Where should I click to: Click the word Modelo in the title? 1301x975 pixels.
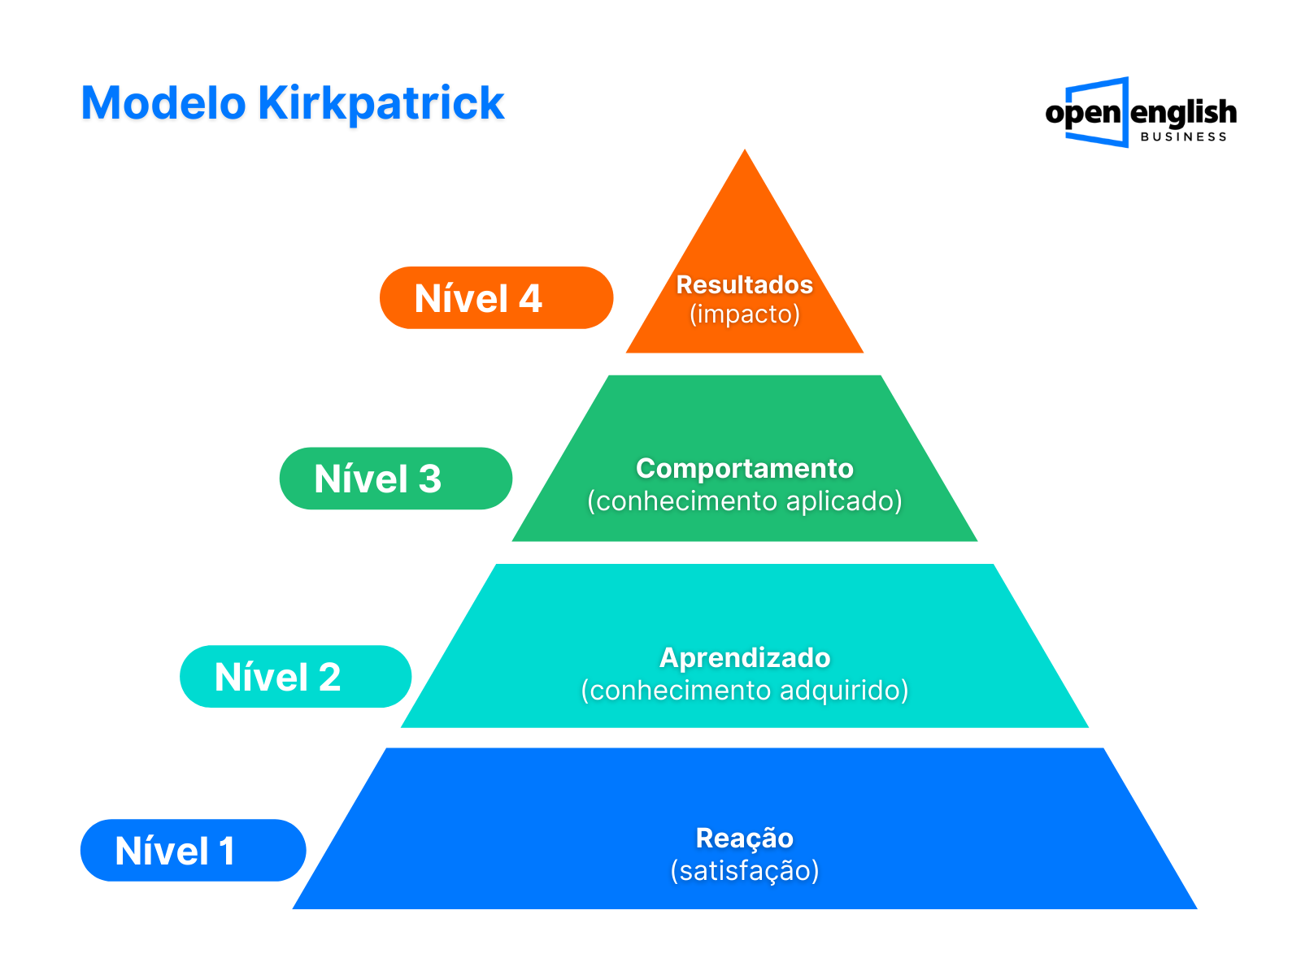[163, 103]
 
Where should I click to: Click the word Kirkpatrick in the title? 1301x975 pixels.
[381, 105]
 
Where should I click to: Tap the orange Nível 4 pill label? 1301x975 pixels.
[496, 297]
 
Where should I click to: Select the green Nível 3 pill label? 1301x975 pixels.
[395, 479]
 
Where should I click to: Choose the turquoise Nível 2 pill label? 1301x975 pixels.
[295, 677]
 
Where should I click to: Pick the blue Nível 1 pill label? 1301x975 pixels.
[193, 851]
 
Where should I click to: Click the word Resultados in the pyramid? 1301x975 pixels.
[745, 284]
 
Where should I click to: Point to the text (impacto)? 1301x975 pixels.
[745, 314]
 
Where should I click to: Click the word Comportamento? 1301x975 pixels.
[745, 468]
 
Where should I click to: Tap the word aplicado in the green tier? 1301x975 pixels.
[844, 501]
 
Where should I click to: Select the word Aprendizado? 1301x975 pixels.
[745, 658]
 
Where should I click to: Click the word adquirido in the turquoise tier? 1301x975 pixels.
[844, 691]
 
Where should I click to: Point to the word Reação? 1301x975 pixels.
[745, 838]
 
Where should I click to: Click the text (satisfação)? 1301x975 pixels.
[745, 871]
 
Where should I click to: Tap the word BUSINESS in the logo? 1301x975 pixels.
[1183, 136]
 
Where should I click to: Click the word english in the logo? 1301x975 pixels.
[1183, 112]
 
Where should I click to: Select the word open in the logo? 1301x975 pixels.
[1082, 114]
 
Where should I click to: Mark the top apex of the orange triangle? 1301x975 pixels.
[745, 149]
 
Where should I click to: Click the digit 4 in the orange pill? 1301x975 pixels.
[530, 298]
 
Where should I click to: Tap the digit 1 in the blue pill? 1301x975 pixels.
[226, 851]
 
